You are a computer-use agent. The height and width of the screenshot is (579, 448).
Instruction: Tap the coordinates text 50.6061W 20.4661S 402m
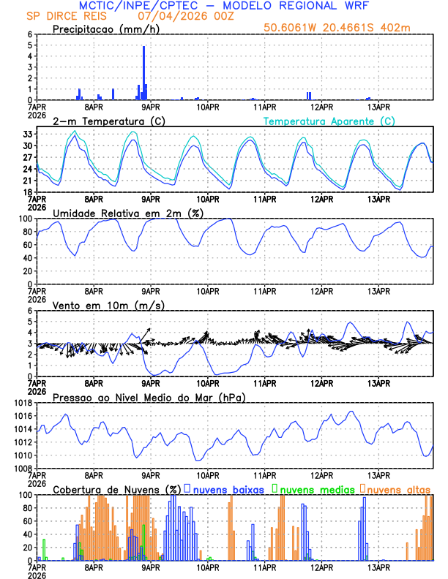click(347, 28)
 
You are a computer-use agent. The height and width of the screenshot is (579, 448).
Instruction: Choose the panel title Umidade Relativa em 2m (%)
click(128, 213)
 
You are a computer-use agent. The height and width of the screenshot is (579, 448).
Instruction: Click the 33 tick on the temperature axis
click(27, 135)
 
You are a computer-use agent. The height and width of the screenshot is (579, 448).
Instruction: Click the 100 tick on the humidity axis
click(25, 219)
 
